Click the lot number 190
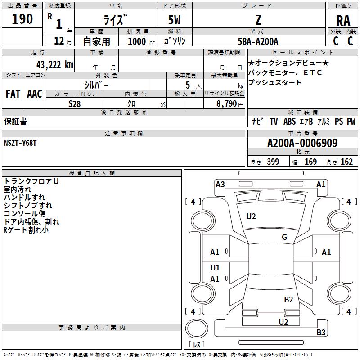coord(22,19)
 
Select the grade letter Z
coord(258,20)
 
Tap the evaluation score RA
coord(343,21)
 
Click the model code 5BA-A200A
coord(258,41)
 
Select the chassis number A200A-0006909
coord(302,144)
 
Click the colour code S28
coord(75,103)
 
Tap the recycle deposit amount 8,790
coord(226,103)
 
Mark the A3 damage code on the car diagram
coord(220,184)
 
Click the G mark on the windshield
coord(284,237)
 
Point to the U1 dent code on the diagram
coord(215,268)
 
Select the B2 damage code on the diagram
coord(288,299)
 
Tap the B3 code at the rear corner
coord(321,333)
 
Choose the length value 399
coord(273,162)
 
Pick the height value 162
coord(346,162)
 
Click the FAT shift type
coord(13,94)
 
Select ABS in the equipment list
coord(289,121)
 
